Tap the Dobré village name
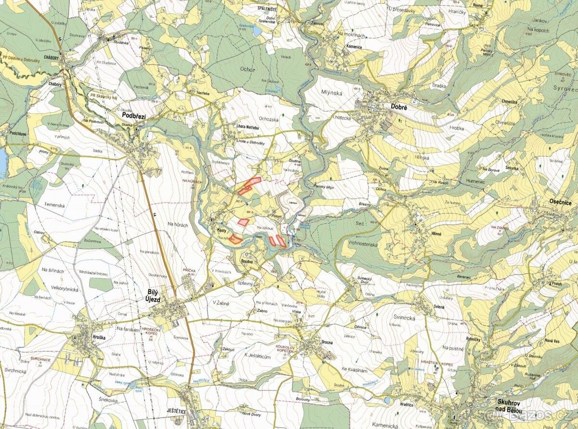[x=399, y=108]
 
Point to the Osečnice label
[x=561, y=203]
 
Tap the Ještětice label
[x=176, y=411]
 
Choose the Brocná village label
[x=327, y=342]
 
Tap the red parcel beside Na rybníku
[x=236, y=239]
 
